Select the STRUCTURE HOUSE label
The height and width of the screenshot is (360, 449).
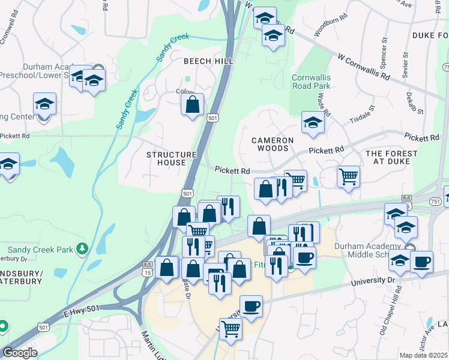pos(172,158)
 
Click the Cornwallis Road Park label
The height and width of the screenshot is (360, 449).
pos(311,82)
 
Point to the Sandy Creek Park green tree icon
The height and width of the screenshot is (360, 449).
pos(82,248)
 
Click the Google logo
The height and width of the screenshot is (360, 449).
pos(20,353)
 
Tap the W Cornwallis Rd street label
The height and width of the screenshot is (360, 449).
pos(364,68)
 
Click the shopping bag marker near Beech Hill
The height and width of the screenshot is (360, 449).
pos(191,105)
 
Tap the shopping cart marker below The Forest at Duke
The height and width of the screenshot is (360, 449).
pos(348,176)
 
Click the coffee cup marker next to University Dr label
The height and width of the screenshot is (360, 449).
pos(421,262)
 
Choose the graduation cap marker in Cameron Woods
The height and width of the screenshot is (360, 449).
pos(312,122)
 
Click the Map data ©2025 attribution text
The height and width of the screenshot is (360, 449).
pos(423,355)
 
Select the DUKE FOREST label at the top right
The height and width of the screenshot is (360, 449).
pos(430,35)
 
